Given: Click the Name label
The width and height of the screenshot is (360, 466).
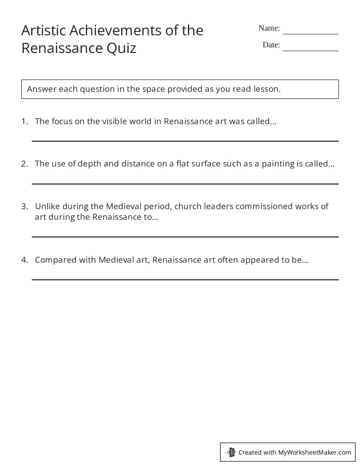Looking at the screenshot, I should (x=269, y=28).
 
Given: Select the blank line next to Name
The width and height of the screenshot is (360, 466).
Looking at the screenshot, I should (x=311, y=34).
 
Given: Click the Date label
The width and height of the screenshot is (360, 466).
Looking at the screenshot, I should (x=271, y=45).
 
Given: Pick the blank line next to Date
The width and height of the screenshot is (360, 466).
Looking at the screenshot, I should (x=311, y=50).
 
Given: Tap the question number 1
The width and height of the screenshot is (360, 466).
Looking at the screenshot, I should (x=24, y=121).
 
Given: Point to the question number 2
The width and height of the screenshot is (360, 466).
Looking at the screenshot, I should (x=24, y=164).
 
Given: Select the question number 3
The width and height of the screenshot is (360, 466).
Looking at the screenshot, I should (x=24, y=206).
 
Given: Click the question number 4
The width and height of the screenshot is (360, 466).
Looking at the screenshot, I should (x=24, y=260).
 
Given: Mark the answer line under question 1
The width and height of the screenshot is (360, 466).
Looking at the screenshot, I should (x=185, y=141).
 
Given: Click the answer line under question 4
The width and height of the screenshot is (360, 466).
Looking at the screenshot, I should (x=185, y=279).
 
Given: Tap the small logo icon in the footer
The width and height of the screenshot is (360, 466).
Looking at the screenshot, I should (x=231, y=452).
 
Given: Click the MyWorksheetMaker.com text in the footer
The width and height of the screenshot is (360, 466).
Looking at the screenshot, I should (x=315, y=452).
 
